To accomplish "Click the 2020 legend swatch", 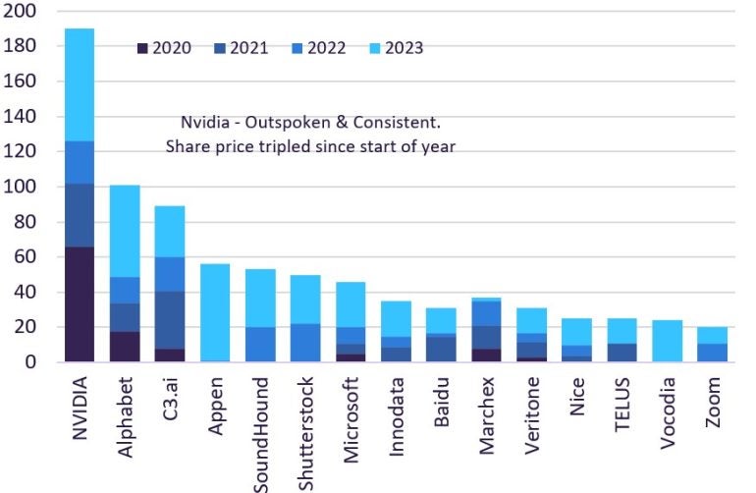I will click(143, 47).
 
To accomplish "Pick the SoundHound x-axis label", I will click(261, 432).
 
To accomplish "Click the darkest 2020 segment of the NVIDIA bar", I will click(80, 304).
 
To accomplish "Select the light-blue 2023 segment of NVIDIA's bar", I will click(80, 84).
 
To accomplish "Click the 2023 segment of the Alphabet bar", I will click(125, 231).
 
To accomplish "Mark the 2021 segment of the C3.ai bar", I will click(170, 320).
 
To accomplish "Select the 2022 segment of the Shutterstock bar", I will click(306, 343).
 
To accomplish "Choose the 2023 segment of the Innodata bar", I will click(397, 318).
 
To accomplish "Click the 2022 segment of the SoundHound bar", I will click(261, 345).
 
